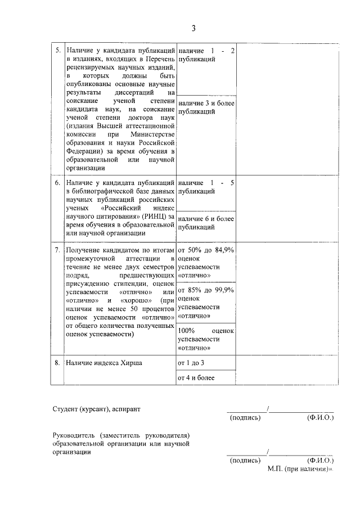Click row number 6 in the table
[57, 183]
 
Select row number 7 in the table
[57, 249]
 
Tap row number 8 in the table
[57, 363]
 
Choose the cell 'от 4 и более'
[196, 378]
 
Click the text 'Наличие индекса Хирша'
[104, 363]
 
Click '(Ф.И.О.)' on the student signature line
[320, 418]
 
